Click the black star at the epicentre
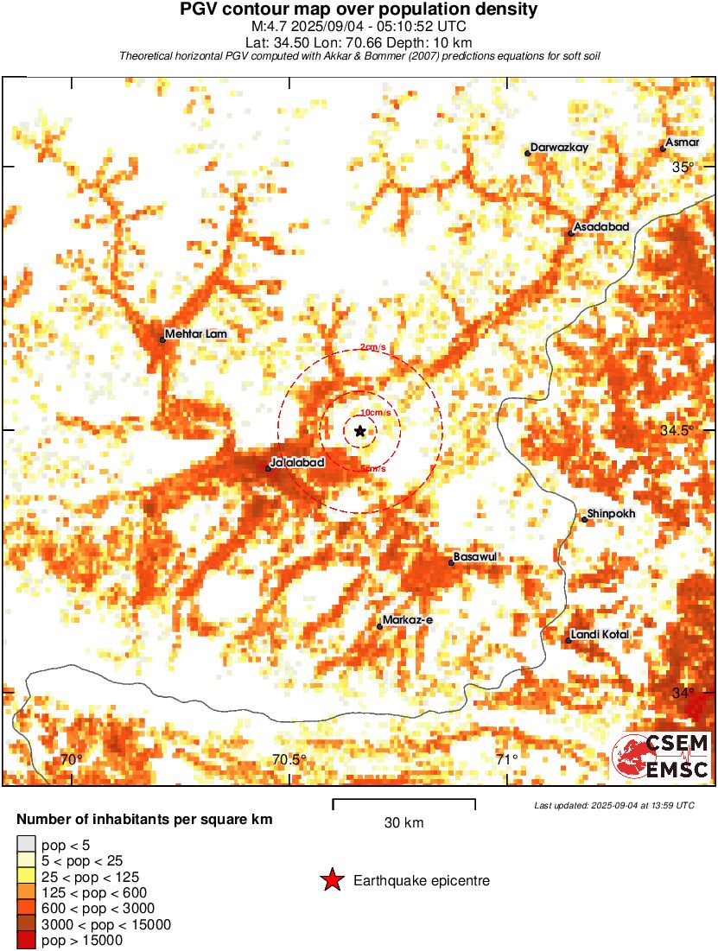pos(360,430)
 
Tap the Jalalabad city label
pos(297,463)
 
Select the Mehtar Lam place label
pos(198,333)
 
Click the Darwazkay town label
pos(559,148)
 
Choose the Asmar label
pos(683,143)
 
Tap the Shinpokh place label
pos(611,514)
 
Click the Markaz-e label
pos(406,620)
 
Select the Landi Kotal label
pos(600,635)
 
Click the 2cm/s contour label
pos(373,347)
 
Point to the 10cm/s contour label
pos(375,413)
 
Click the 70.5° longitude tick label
pos(289,760)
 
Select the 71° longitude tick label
pos(506,760)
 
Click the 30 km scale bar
pos(403,804)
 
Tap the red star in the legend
pos(331,880)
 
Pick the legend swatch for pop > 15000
pos(26,941)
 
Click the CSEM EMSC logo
pos(661,756)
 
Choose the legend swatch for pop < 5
pos(26,844)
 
